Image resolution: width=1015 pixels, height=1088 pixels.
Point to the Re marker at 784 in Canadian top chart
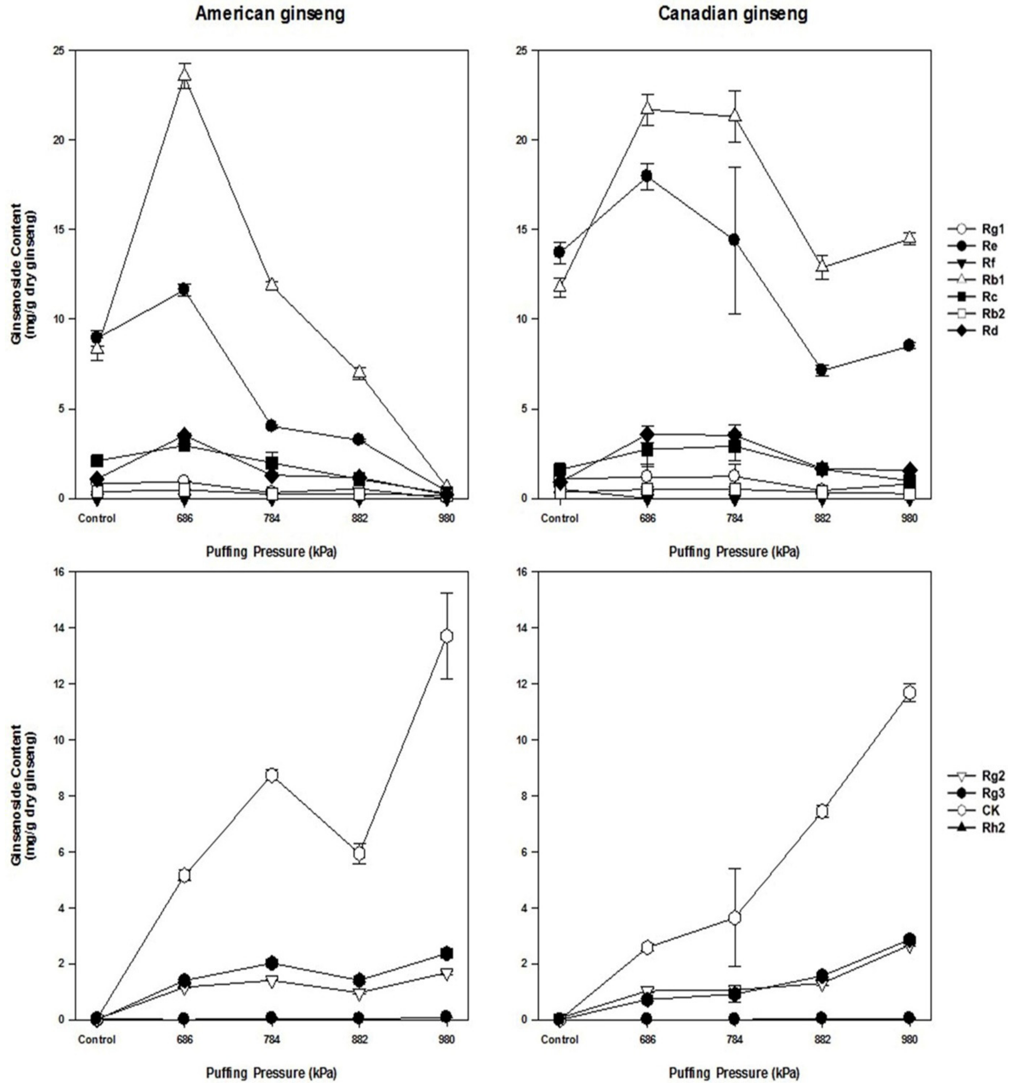coord(734,240)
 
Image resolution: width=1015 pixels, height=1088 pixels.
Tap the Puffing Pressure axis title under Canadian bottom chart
coord(734,1073)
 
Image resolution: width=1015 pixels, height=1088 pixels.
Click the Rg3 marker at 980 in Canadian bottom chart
coord(909,939)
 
